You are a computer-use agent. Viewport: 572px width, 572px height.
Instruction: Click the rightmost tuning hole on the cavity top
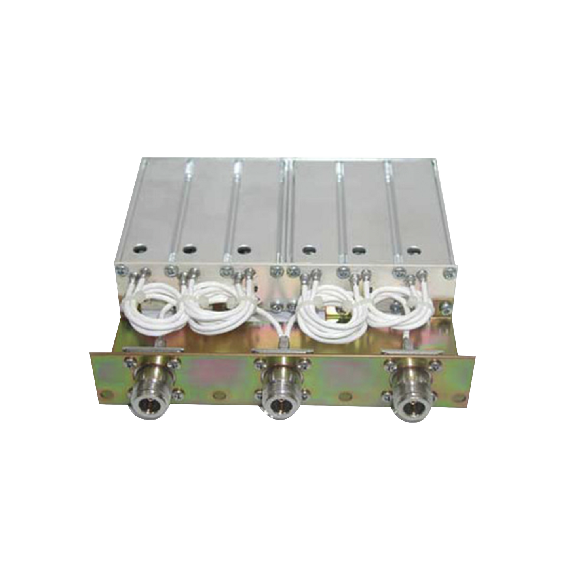(x=413, y=250)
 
